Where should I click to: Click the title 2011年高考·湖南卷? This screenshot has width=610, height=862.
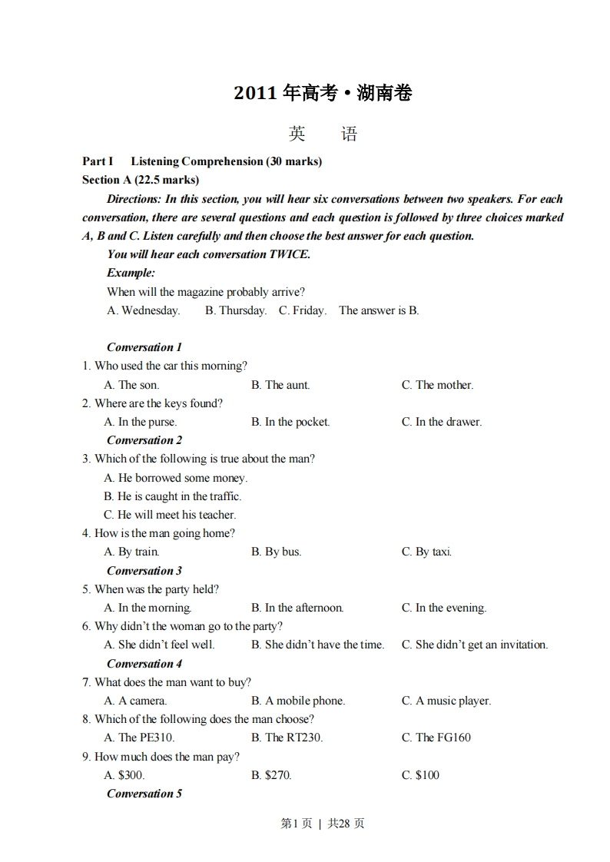point(323,94)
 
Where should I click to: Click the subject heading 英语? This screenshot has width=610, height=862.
point(323,134)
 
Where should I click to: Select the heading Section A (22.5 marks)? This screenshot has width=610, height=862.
point(141,180)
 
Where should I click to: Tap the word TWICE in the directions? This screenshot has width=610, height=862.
point(288,254)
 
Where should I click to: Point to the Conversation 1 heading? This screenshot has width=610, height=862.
point(144,347)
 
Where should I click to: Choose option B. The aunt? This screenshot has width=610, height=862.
point(280,385)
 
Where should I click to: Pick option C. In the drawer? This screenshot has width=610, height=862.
point(442,422)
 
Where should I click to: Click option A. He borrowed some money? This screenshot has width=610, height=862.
point(176,478)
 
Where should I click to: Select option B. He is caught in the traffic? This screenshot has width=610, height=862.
point(173,496)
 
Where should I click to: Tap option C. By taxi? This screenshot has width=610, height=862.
point(426,552)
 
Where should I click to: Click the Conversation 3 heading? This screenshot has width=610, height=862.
point(144,571)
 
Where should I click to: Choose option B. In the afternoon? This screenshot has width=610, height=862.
point(297,608)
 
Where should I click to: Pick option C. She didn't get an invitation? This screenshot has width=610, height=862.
point(475,645)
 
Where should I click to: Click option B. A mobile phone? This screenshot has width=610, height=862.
point(298,701)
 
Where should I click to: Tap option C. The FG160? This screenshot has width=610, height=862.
point(436,738)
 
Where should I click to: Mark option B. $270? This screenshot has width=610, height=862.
point(271,775)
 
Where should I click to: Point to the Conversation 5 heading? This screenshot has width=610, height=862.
point(144,794)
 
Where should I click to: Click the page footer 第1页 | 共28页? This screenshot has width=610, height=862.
point(323,824)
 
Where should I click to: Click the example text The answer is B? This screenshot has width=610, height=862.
point(379,310)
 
